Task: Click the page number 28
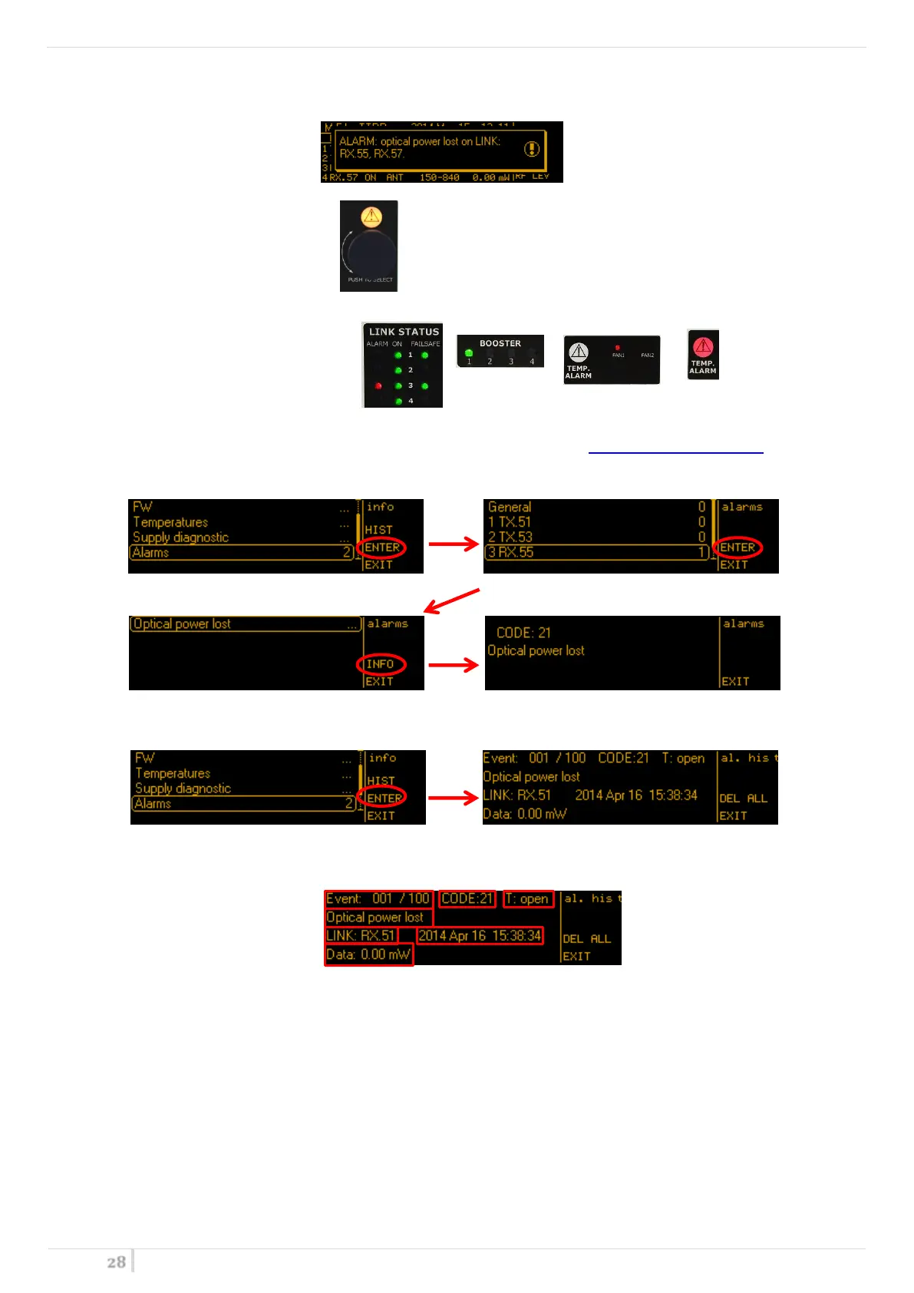[x=116, y=1262]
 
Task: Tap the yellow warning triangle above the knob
[x=371, y=217]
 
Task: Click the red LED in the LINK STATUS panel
[x=378, y=385]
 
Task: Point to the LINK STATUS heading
[x=404, y=332]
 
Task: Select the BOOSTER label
[x=500, y=343]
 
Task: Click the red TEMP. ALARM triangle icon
[x=703, y=346]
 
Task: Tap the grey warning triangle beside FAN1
[x=578, y=352]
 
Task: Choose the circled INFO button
[x=381, y=664]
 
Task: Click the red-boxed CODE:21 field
[x=467, y=898]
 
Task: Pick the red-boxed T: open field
[x=528, y=898]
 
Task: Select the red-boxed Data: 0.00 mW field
[x=368, y=955]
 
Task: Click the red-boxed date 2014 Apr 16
[x=480, y=935]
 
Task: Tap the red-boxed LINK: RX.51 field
[x=361, y=935]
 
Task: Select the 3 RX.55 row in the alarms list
[x=596, y=552]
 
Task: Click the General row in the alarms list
[x=596, y=507]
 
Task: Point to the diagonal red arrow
[x=452, y=600]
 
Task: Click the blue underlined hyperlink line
[x=675, y=452]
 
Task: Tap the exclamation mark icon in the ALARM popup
[x=532, y=149]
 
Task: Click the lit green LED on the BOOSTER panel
[x=469, y=353]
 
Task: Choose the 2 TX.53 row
[x=596, y=537]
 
